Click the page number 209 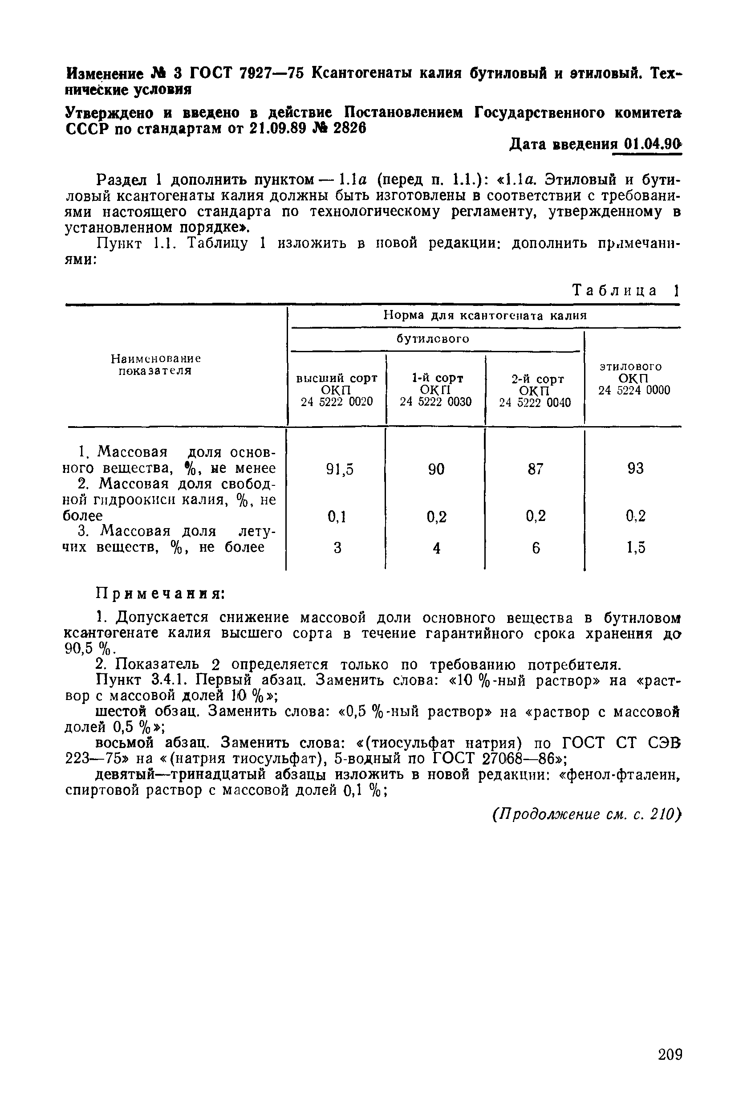[670, 1054]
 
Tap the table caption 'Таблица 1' [625, 290]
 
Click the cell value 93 [636, 469]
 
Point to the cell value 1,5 [636, 548]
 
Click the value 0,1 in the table [337, 517]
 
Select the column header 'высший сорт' [337, 378]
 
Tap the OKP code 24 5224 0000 [634, 390]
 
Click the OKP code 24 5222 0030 [435, 402]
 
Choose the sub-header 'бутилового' [433, 339]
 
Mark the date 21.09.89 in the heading [277, 129]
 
